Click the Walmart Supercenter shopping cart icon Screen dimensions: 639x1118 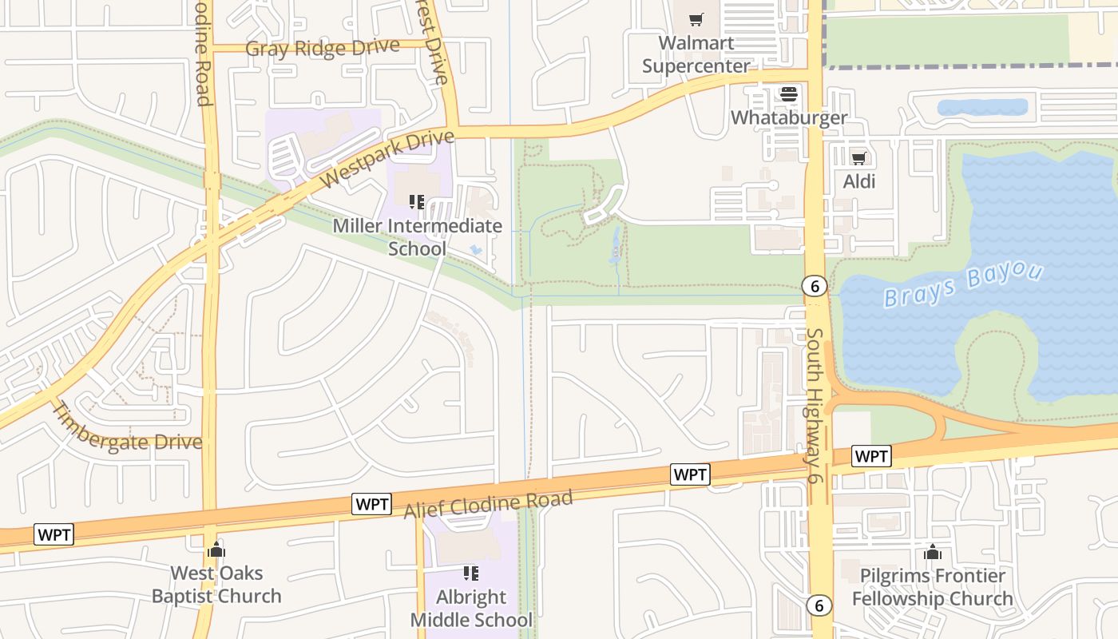pyautogui.click(x=696, y=19)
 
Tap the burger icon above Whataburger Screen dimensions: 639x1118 pyautogui.click(x=789, y=94)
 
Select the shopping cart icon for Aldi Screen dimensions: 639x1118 pyautogui.click(x=858, y=158)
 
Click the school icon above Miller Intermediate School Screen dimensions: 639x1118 pyautogui.click(x=416, y=202)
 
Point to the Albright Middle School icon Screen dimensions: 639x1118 pyautogui.click(x=470, y=573)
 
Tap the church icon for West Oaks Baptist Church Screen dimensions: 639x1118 pyautogui.click(x=216, y=550)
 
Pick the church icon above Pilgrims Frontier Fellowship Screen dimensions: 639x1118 pyautogui.click(x=932, y=552)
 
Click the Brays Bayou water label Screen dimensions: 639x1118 pyautogui.click(x=963, y=285)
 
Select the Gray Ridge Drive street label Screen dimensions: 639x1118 pyautogui.click(x=322, y=48)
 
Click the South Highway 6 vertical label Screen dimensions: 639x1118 pyautogui.click(x=814, y=405)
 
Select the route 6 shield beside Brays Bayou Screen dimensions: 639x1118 pyautogui.click(x=814, y=286)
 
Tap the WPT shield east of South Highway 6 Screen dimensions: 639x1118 pyautogui.click(x=870, y=456)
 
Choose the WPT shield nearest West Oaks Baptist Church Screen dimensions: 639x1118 pyautogui.click(x=54, y=534)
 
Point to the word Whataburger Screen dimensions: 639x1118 pyautogui.click(x=789, y=117)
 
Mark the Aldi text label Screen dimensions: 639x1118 pyautogui.click(x=859, y=181)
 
